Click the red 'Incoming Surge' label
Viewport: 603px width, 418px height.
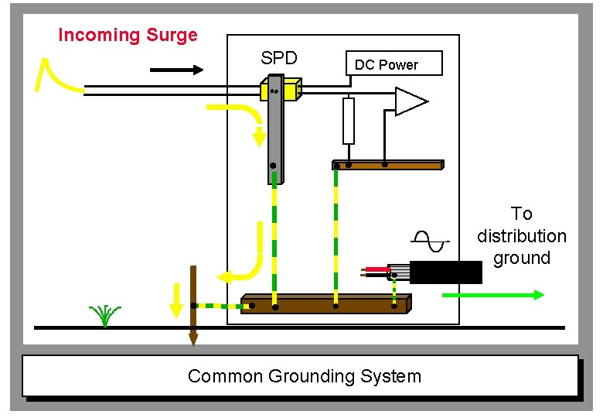tap(128, 36)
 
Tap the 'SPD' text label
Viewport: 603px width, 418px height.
tap(279, 58)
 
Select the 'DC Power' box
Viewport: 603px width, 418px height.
tap(394, 64)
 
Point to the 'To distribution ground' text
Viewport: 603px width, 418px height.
tap(522, 235)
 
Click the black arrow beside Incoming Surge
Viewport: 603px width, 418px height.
tap(176, 70)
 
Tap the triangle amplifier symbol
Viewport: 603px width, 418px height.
tap(408, 101)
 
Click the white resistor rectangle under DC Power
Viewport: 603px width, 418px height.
tap(349, 121)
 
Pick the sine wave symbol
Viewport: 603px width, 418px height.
tap(430, 242)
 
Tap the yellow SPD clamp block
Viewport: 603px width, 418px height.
tap(281, 91)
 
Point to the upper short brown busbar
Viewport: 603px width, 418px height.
tap(387, 165)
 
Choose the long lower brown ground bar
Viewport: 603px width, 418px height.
tap(325, 303)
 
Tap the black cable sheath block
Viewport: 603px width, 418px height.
tap(445, 272)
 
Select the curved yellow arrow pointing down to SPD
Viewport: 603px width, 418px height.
tap(247, 120)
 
